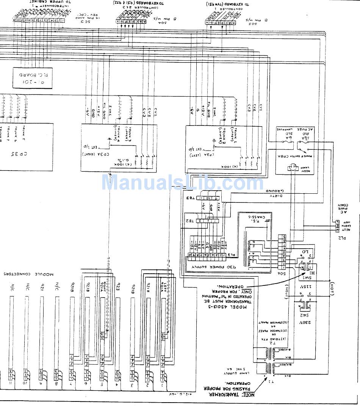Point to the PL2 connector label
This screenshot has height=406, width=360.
click(343, 238)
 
